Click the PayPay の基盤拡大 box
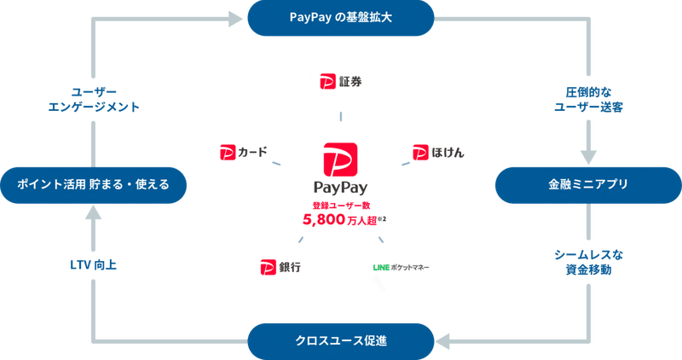pos(340,17)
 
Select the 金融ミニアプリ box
pos(588,184)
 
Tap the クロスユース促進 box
pos(340,341)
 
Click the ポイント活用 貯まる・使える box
pos(93,184)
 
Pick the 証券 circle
pos(340,82)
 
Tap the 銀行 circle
pos(280,268)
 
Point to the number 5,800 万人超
pos(340,219)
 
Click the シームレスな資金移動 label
pos(588,262)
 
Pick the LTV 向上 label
pos(93,264)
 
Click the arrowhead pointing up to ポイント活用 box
pos(93,214)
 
